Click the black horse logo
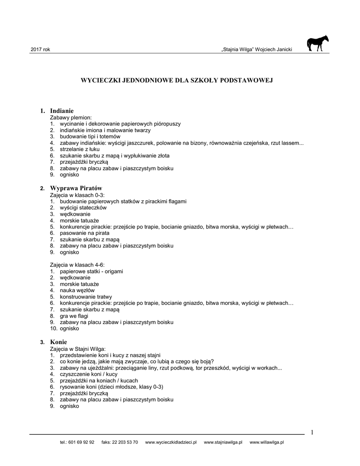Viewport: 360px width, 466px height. pos(317,44)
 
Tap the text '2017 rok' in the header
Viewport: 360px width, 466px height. pos(40,49)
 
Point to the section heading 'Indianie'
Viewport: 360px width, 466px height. pos(62,111)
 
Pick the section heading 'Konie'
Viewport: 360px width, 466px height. pos(59,342)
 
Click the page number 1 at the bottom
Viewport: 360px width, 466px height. pos(312,432)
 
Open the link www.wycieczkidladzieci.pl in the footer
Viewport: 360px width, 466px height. pos(170,442)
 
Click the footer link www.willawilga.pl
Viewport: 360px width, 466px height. pos(267,442)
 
